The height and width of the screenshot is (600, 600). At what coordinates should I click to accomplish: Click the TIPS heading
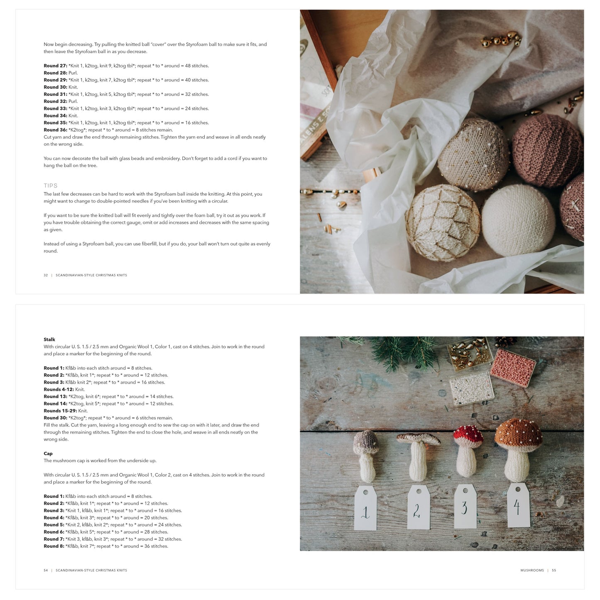(x=51, y=186)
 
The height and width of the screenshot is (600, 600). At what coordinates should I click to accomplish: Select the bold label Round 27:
(x=55, y=66)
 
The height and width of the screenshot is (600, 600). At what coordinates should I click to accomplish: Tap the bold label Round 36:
(x=55, y=130)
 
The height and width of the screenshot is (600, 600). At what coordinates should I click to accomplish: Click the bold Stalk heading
(x=49, y=340)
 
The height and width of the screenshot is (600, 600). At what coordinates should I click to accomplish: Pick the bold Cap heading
(x=48, y=453)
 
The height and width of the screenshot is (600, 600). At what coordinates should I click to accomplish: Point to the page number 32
(x=46, y=275)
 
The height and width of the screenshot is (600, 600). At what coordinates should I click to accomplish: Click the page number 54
(x=46, y=571)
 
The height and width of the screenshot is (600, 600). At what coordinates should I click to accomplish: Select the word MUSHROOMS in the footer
(x=532, y=571)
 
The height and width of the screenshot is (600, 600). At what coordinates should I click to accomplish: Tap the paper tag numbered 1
(x=365, y=509)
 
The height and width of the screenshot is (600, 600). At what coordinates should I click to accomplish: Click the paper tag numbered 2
(x=418, y=507)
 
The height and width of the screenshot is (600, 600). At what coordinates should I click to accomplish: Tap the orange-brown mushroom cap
(x=518, y=433)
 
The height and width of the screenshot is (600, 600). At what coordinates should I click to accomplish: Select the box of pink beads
(x=513, y=367)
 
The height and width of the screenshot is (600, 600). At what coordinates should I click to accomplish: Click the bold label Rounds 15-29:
(x=60, y=411)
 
